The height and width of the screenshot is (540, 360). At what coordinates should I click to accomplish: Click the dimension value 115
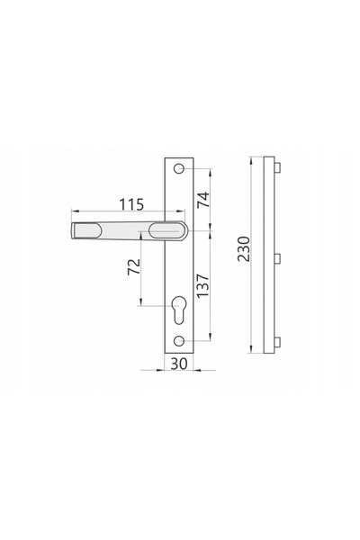[x=131, y=204]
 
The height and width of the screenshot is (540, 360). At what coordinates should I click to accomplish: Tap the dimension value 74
[x=203, y=200]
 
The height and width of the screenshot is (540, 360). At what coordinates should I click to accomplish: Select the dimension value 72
[x=134, y=266]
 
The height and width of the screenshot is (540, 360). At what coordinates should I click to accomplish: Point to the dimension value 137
[x=202, y=286]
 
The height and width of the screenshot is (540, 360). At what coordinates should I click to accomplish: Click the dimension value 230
[x=244, y=249]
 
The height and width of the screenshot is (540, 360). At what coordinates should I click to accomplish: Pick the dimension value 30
[x=179, y=364]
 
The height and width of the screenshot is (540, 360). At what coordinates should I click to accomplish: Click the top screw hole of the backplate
[x=178, y=169]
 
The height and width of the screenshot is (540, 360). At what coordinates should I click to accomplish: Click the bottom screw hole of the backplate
[x=178, y=341]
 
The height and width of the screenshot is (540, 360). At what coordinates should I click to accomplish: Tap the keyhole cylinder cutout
[x=179, y=310]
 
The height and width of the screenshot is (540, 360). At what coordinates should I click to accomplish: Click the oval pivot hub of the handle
[x=165, y=230]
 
